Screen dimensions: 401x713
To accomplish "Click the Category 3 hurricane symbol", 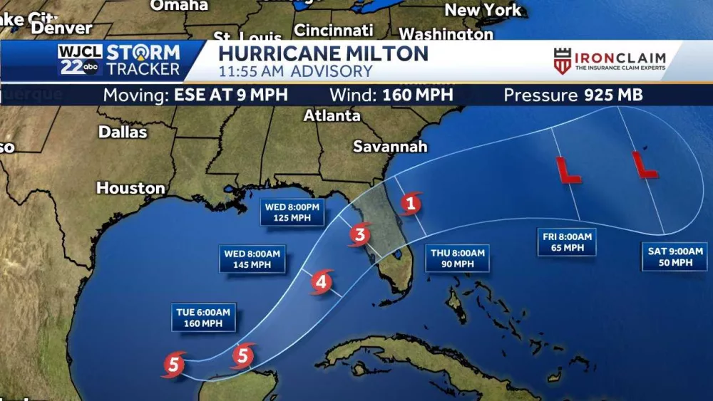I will click(361, 233).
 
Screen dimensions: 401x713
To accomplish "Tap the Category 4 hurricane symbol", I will click(322, 282).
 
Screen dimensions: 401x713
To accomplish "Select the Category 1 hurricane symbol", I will click(409, 204).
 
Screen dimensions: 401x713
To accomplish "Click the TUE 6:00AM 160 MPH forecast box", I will click(203, 318).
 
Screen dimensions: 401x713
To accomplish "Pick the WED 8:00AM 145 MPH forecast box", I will click(252, 259).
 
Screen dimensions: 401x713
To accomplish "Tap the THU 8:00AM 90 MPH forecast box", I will click(458, 258).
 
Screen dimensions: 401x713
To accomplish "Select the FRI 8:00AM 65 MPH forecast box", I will click(566, 242).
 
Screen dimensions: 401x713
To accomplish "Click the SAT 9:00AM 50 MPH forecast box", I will click(674, 256).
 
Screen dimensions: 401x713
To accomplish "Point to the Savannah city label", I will click(390, 147).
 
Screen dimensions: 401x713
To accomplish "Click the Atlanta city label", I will click(332, 115).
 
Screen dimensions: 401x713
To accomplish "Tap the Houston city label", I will click(130, 188).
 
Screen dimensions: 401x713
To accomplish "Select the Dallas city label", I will click(123, 132).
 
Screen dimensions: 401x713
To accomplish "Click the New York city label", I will click(483, 10).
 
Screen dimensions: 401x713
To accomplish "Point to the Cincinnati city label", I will click(334, 31).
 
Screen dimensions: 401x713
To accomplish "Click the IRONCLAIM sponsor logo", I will click(610, 61).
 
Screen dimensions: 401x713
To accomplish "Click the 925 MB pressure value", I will click(613, 95).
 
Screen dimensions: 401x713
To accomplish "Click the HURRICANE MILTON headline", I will click(323, 53).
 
